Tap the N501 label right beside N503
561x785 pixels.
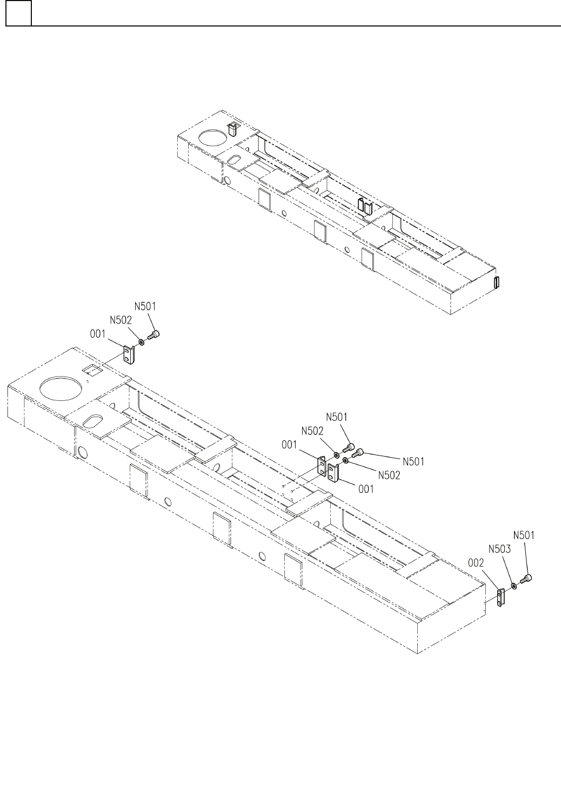click(x=524, y=535)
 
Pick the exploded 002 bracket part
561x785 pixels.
click(x=500, y=597)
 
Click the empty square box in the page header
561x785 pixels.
click(x=18, y=14)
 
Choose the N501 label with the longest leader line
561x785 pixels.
click(x=413, y=461)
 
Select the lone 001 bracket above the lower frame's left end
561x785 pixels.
click(x=129, y=355)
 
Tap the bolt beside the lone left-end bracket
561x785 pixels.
click(x=153, y=337)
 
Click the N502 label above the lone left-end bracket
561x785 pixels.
click(x=121, y=320)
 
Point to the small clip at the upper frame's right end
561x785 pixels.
click(x=498, y=282)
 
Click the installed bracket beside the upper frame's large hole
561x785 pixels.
click(x=233, y=129)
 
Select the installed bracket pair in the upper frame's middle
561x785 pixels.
click(x=365, y=206)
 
